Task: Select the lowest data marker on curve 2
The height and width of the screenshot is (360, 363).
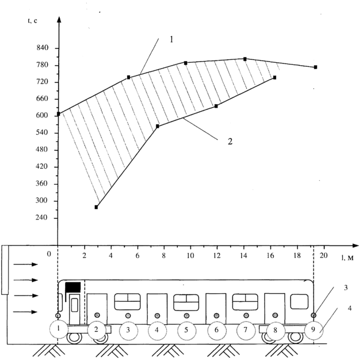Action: pos(97,207)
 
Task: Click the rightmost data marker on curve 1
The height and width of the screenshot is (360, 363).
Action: pos(316,67)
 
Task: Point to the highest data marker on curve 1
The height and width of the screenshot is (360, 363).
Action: pos(245,59)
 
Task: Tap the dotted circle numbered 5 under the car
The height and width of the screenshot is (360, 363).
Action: pos(186,330)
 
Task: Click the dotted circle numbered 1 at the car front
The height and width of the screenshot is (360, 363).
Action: pos(58,329)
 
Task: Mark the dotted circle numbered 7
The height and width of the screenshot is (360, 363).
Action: pos(246,331)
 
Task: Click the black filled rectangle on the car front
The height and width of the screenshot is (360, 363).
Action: pos(73,287)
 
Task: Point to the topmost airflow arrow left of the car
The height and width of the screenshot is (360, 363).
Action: pos(26,265)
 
